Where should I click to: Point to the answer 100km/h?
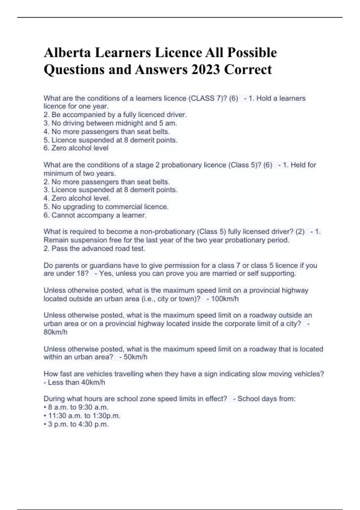(225, 299)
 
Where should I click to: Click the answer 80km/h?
(55, 332)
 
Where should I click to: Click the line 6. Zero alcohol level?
(76, 148)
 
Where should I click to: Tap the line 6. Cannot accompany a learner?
(95, 215)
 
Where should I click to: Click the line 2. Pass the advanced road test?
(94, 248)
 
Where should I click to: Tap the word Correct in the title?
(248, 70)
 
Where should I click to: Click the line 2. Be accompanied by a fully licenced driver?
(115, 115)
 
